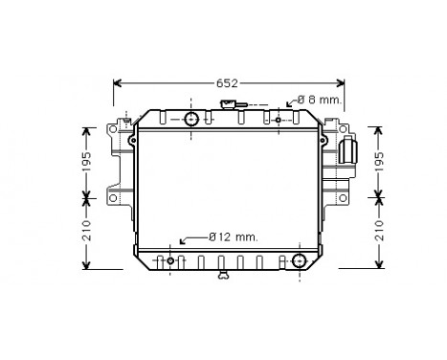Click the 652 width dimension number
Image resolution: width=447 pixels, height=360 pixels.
pos(226,83)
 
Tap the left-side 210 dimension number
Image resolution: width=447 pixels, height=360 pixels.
pos(85,231)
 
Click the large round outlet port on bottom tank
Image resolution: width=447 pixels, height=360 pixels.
pos(300,260)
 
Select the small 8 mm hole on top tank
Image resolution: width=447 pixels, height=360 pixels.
pos(279,120)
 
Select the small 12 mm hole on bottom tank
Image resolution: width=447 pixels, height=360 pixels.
pos(171,260)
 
